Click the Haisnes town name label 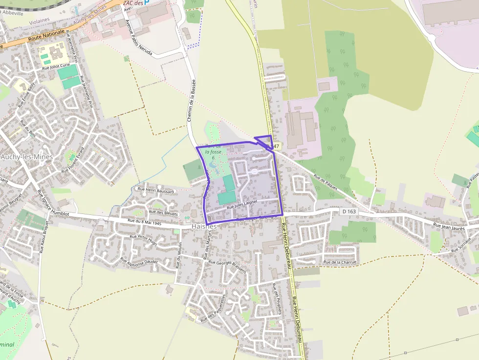click(204, 227)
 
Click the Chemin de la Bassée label click(191, 100)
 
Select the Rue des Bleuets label click(163, 212)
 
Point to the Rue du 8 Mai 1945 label click(144, 222)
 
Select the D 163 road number click(349, 211)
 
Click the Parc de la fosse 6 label click(213, 151)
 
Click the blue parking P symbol click(147, 2)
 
